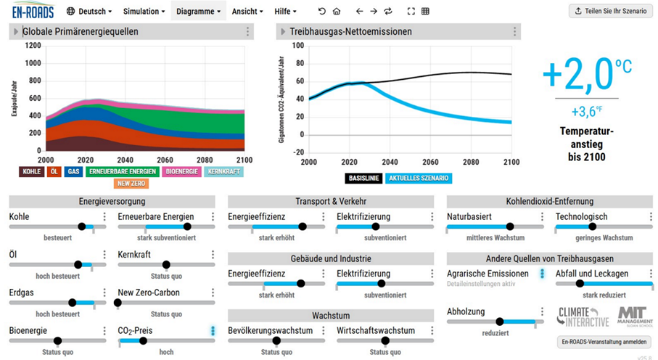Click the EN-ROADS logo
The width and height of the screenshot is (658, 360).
point(33,10)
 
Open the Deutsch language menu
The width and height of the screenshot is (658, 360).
point(89,12)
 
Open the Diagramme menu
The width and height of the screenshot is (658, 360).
point(198,12)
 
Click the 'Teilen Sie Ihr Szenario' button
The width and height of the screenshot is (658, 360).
point(611,11)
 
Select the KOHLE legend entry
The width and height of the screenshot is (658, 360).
point(31,171)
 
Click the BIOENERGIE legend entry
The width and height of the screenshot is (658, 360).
point(181,171)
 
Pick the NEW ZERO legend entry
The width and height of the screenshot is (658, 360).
point(131,184)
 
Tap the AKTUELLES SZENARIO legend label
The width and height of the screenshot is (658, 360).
point(419,178)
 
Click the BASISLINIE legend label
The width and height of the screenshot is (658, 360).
point(363,178)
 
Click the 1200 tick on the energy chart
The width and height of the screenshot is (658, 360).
point(33,46)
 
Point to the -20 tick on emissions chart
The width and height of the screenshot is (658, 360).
point(297,152)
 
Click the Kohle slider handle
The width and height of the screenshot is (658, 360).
point(82,226)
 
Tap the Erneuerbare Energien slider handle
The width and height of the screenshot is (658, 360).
point(187,226)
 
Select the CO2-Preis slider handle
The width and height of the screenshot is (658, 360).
point(143,340)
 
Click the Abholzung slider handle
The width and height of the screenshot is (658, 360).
point(499,322)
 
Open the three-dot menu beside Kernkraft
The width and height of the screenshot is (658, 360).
point(213,255)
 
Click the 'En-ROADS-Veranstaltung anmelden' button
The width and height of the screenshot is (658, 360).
point(604,342)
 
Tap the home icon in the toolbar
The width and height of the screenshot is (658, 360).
point(337,12)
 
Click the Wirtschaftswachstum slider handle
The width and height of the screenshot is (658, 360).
point(384,340)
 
